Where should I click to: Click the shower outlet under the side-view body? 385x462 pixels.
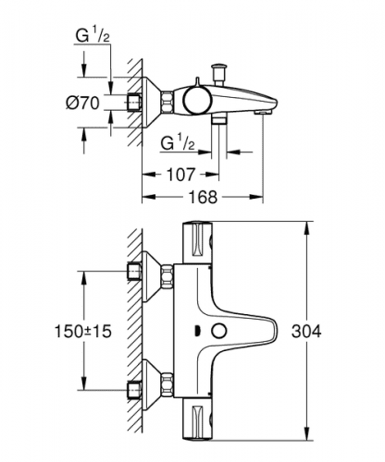coord(219,119)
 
